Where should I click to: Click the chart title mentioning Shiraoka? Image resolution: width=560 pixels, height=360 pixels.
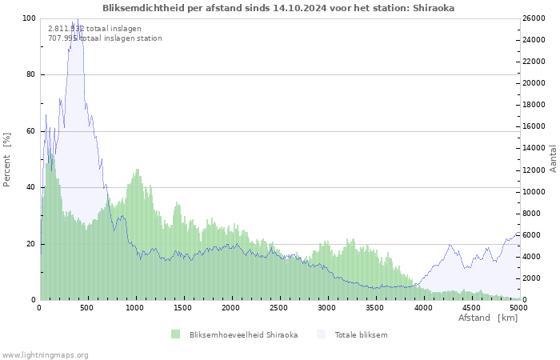click(x=279, y=8)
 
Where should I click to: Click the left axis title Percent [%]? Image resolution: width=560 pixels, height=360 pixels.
click(x=8, y=160)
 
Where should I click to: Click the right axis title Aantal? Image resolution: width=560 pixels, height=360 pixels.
click(x=553, y=158)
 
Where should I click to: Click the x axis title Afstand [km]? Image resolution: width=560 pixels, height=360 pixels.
click(x=487, y=318)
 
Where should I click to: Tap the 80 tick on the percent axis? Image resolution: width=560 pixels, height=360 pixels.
click(x=31, y=75)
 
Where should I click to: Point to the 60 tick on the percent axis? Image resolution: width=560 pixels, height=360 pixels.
click(x=31, y=131)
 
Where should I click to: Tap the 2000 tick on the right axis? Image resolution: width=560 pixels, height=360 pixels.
click(x=534, y=278)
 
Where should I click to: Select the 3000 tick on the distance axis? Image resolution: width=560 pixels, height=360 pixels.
click(x=327, y=307)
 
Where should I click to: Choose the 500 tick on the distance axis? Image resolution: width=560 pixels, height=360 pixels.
click(x=88, y=307)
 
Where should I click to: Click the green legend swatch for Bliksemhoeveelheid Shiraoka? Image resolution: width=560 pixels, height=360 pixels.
click(x=175, y=334)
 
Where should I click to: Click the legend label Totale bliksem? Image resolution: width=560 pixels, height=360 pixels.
click(x=361, y=334)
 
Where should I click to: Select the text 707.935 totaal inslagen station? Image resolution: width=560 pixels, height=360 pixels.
click(x=105, y=38)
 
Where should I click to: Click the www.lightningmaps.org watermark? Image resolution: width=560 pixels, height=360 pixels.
click(x=45, y=354)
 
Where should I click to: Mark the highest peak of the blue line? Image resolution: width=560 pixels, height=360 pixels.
click(x=78, y=19)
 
